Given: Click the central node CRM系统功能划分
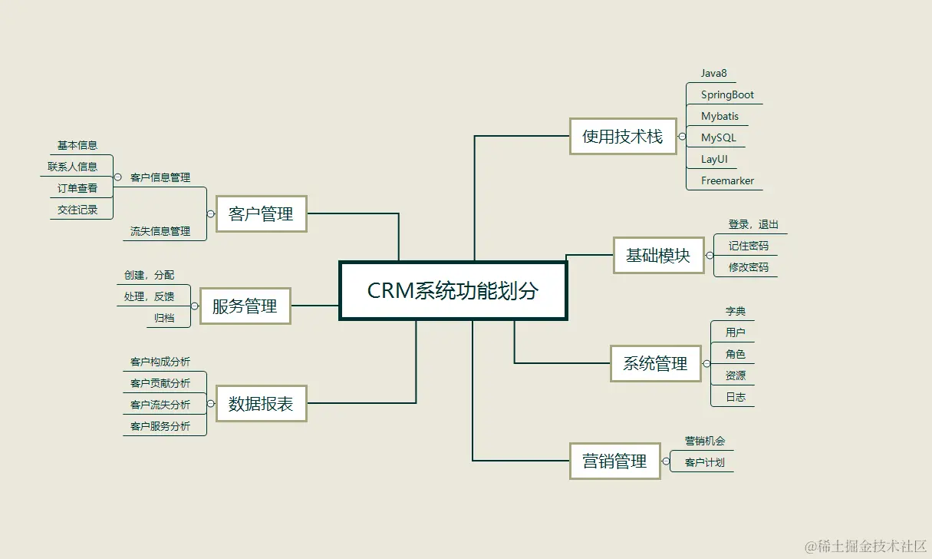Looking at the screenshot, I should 453,291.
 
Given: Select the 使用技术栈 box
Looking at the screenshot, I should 622,137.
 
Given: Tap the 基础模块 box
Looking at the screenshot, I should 658,256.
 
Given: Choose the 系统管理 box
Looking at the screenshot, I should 655,363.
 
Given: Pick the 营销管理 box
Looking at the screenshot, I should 614,461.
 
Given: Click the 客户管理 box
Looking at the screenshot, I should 261,213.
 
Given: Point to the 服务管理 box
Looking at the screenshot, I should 245,306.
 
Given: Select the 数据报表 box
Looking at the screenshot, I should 261,403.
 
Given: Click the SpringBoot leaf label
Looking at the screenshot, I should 727,95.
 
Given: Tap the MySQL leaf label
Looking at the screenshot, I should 718,138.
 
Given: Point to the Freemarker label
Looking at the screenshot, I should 727,181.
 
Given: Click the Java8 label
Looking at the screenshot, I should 713,74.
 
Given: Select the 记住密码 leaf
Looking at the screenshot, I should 748,246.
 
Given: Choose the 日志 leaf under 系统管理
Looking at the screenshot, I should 736,397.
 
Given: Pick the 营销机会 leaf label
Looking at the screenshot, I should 704,442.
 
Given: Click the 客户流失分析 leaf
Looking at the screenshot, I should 160,405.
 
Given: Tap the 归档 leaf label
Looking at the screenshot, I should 164,318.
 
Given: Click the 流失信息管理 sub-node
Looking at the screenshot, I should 160,231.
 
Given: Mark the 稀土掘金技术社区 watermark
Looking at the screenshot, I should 865,546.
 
